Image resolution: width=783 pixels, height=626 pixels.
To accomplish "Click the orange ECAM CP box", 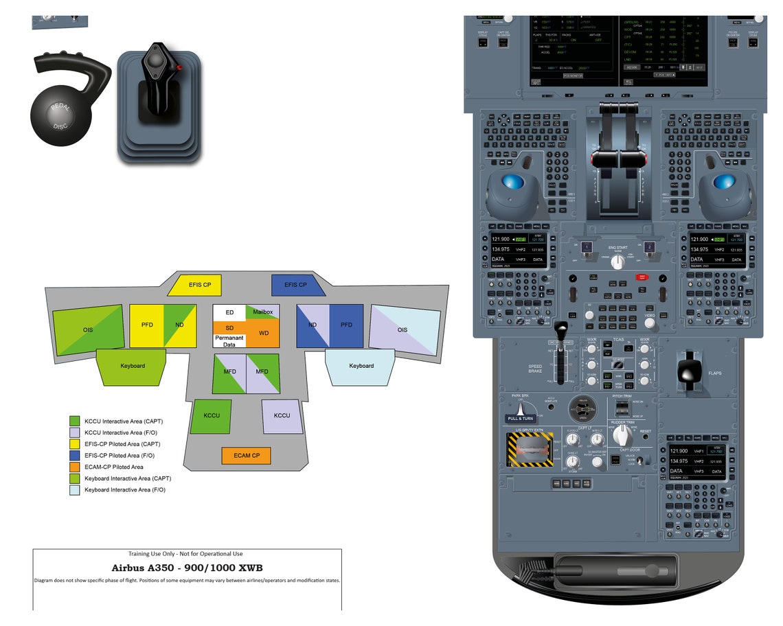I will (x=246, y=456).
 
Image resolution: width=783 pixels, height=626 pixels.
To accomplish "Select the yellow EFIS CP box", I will (x=200, y=284).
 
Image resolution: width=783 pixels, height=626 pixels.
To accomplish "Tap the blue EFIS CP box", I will (x=295, y=284).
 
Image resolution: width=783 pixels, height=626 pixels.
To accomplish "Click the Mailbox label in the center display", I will (x=263, y=312).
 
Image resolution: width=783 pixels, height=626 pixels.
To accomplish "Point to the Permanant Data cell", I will (x=229, y=341).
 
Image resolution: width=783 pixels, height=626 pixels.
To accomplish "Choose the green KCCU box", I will (x=212, y=416).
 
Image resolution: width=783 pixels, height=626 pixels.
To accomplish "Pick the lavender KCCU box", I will (x=282, y=416).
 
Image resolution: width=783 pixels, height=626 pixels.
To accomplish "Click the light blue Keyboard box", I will (x=361, y=367).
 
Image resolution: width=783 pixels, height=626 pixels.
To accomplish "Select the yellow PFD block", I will (x=147, y=325).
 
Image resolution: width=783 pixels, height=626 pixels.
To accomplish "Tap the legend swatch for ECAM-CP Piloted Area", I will (x=75, y=467).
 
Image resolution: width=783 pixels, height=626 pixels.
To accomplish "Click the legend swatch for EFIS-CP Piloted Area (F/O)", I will (x=75, y=455).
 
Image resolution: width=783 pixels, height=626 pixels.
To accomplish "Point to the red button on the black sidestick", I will (x=179, y=67).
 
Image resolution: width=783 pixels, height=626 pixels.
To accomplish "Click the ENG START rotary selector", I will (x=617, y=262).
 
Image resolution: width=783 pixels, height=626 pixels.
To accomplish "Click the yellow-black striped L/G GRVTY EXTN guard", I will (x=530, y=450).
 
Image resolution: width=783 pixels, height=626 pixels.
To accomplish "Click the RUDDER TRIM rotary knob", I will (x=622, y=434).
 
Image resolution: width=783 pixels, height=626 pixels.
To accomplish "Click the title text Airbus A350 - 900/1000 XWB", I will (x=187, y=568).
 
